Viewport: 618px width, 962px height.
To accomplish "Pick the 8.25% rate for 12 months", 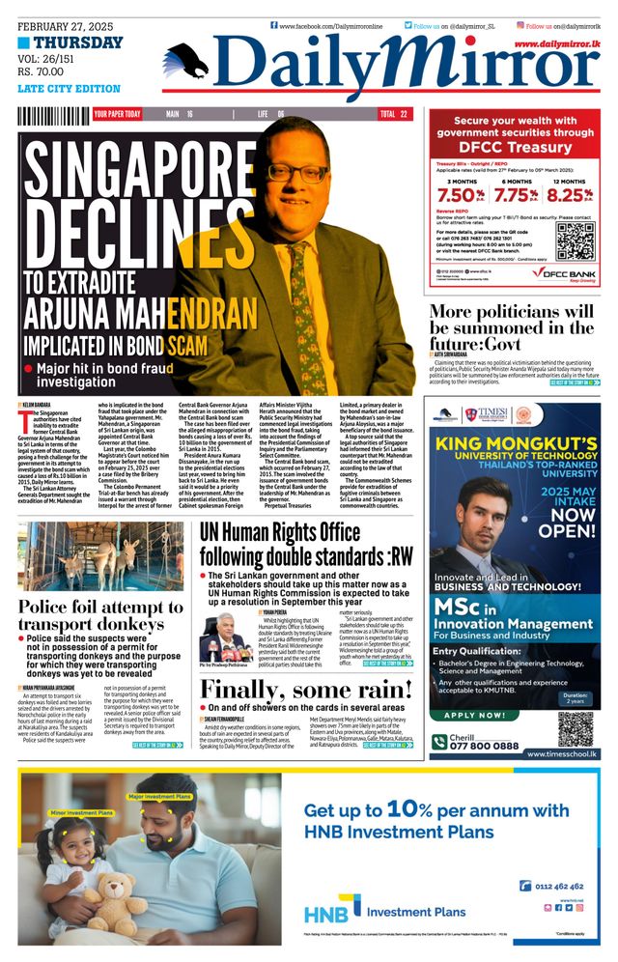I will point(568,194).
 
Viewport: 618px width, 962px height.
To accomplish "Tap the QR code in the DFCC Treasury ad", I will point(575,240).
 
